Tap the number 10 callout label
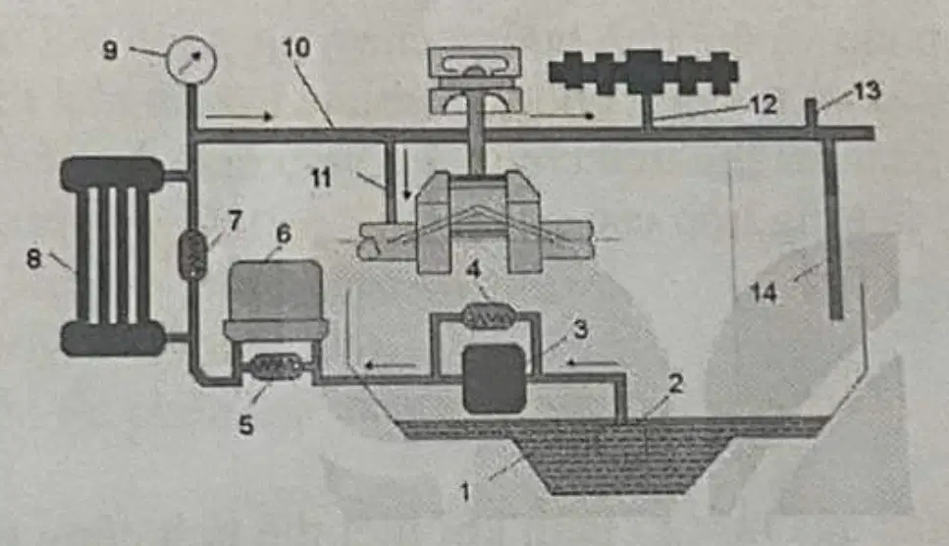pos(296,48)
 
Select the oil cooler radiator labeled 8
pos(113,255)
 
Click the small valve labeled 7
pos(193,253)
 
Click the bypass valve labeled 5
pos(276,365)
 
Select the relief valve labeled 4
pos(488,316)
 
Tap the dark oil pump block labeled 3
pos(494,378)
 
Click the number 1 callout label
pos(465,492)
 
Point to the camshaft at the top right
pos(644,72)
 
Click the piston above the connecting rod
pos(475,80)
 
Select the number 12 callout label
pos(764,105)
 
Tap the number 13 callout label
pos(868,91)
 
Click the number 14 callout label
pos(764,293)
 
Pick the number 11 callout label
pos(321,178)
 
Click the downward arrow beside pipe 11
pos(406,174)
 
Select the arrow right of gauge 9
pos(239,116)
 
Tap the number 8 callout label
pos(34,259)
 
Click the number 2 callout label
pos(675,383)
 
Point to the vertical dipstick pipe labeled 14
pos(834,228)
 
